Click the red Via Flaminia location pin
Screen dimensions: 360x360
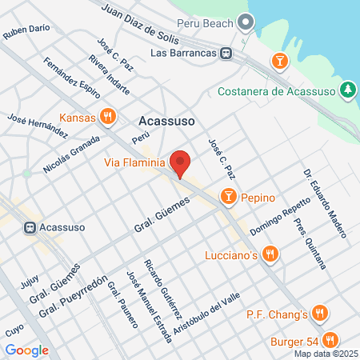coord(181,162)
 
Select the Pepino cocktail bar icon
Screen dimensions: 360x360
coord(228,197)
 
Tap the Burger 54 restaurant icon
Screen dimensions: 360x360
coord(330,338)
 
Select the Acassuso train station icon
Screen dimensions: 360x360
coord(30,226)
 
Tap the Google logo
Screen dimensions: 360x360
coord(26,350)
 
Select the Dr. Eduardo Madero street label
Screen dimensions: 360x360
coord(325,202)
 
